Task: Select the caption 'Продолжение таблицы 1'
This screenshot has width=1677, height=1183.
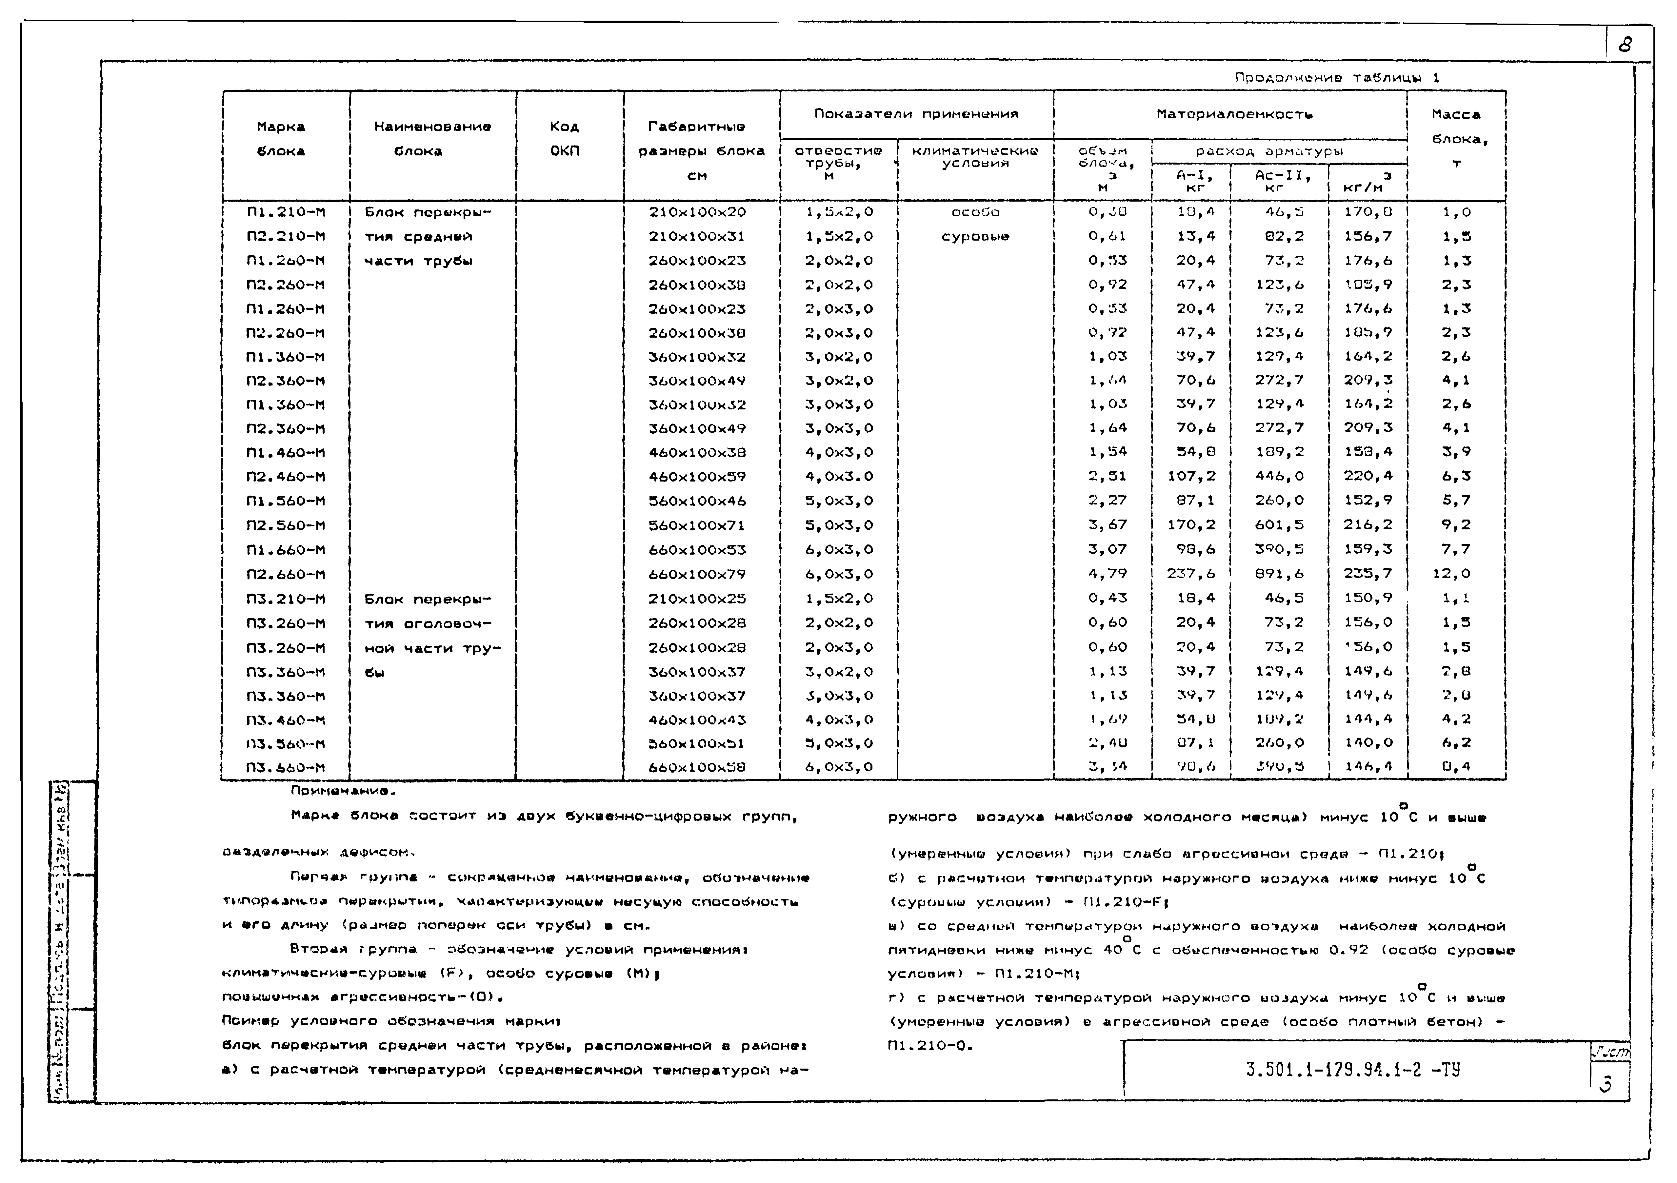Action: pos(1337,77)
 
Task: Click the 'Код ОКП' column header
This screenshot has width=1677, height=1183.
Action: pos(565,139)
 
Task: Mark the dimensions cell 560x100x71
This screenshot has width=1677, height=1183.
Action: pos(698,525)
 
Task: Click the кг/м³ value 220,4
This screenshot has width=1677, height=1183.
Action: pos(1368,476)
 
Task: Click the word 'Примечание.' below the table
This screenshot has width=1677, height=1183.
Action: pos(343,791)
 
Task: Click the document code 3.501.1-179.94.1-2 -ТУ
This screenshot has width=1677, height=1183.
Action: pos(1353,1071)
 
